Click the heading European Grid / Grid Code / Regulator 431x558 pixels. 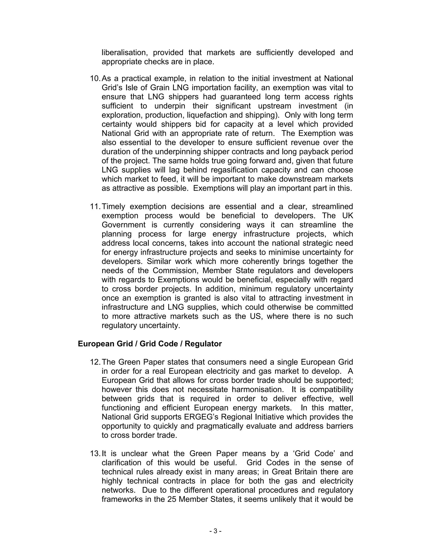150,344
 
